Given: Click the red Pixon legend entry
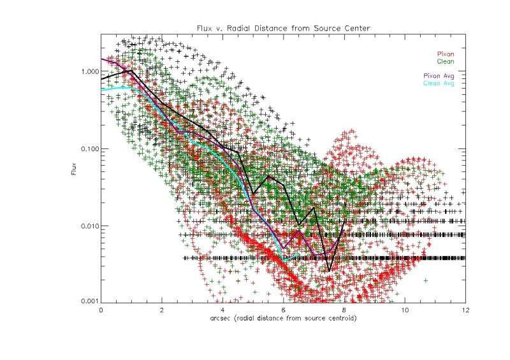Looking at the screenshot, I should (444, 54).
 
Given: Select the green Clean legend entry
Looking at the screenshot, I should (444, 62).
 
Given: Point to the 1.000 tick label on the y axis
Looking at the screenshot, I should (89, 72).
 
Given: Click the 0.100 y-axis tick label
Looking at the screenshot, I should (89, 149).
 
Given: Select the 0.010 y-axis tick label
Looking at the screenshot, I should (89, 226).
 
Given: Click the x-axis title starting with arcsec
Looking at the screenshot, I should (284, 317).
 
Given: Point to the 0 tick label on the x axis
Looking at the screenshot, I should (101, 310).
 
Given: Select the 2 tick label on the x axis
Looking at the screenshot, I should (162, 310).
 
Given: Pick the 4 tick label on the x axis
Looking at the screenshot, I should (222, 310).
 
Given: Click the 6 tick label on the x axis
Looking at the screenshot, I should (284, 310).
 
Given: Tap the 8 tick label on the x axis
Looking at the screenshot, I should (344, 310).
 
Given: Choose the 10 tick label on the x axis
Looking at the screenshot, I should (405, 310).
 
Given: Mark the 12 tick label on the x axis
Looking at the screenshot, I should (465, 310).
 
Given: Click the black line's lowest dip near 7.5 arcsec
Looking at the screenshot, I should (329, 271).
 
